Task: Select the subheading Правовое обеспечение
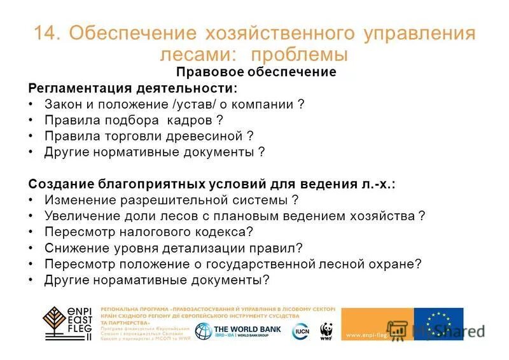[256, 72]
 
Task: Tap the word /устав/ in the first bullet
[190, 104]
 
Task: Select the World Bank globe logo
[204, 331]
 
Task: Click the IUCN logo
[301, 331]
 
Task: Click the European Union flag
[438, 324]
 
